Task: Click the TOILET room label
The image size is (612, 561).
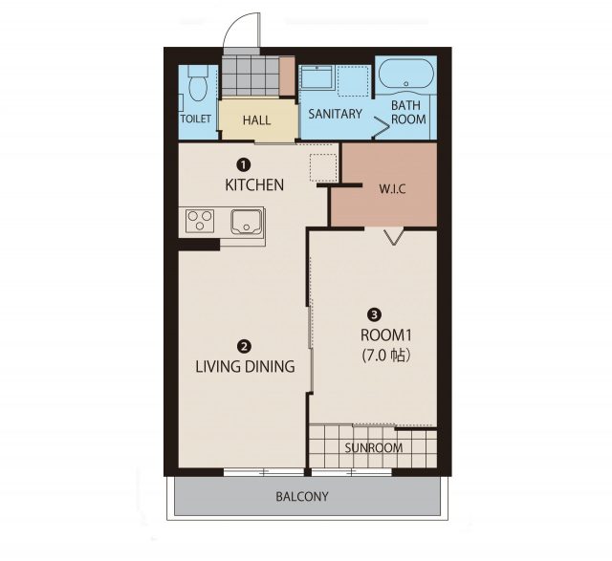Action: [195, 119]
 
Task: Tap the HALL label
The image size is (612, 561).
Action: [256, 119]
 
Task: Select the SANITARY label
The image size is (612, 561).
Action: [336, 114]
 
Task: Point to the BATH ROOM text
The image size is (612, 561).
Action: [408, 112]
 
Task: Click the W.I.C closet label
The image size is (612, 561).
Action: [392, 189]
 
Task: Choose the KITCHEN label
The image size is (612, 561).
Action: [254, 184]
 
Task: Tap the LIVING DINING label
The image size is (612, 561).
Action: [245, 366]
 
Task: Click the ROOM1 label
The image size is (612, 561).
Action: [385, 335]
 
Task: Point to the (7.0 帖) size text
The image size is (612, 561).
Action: [386, 356]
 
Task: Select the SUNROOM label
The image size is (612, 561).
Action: [374, 447]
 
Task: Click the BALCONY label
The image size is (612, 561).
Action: [302, 497]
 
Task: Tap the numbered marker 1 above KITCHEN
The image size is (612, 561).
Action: [244, 165]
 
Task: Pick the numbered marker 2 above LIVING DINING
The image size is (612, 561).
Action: [244, 346]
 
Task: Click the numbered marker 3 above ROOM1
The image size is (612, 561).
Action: [375, 314]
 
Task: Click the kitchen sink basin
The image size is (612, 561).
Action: [247, 222]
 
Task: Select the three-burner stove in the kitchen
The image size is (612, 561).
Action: [200, 221]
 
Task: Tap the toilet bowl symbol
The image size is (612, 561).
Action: [198, 83]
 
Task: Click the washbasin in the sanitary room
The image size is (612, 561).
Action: [317, 77]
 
